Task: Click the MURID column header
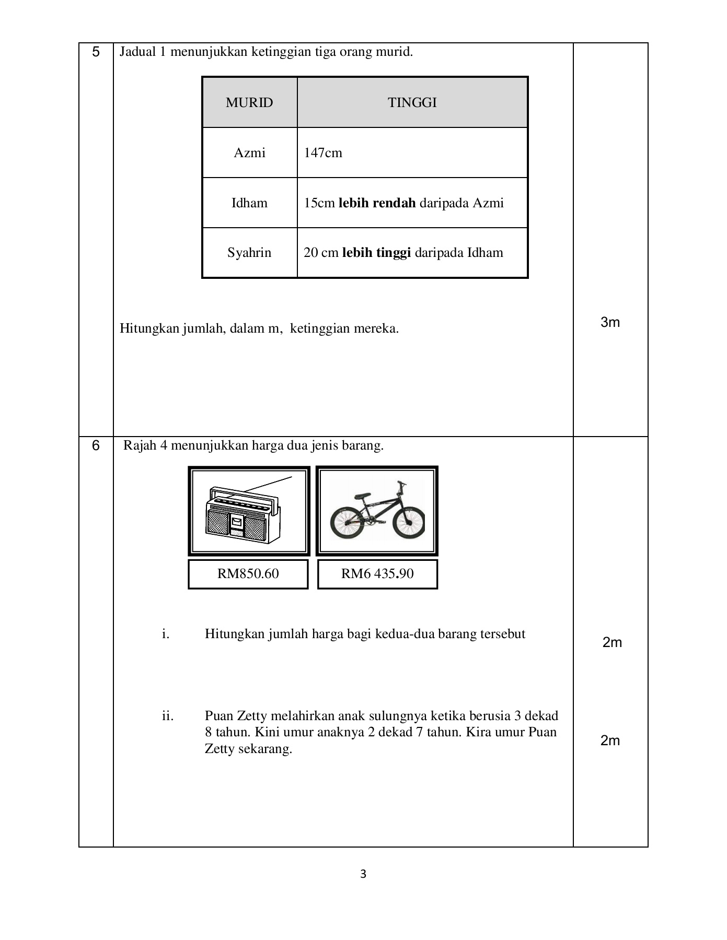point(249,103)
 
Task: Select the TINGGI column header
point(412,103)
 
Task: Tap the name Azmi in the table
point(249,153)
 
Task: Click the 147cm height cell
point(323,153)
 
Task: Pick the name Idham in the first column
point(249,203)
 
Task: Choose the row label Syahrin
point(249,253)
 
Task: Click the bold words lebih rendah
point(377,203)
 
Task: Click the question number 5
point(96,52)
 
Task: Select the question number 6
point(96,446)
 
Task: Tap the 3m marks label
point(610,323)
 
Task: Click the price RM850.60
point(248,574)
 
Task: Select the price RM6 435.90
point(377,574)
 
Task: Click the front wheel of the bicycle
point(408,523)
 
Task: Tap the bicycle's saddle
point(362,494)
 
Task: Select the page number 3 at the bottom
point(363,874)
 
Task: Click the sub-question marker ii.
point(167,716)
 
